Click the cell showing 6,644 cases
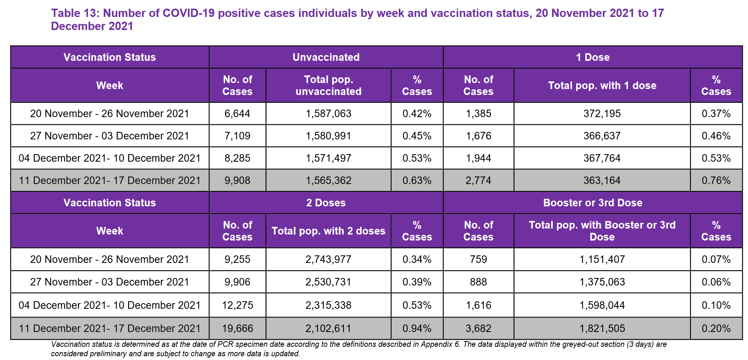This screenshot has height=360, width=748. [x=237, y=114]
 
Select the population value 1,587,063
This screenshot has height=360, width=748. [x=328, y=114]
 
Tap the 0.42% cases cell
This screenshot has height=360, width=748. [x=417, y=114]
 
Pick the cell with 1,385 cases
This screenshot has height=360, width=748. [x=478, y=114]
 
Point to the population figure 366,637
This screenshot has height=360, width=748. [x=602, y=136]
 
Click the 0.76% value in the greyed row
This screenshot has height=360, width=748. [x=716, y=181]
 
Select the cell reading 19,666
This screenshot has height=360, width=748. [x=237, y=329]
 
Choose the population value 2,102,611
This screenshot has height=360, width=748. [x=328, y=329]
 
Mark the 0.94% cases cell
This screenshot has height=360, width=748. [x=417, y=329]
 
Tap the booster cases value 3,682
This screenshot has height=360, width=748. [x=478, y=329]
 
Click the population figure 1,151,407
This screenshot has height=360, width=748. [x=602, y=259]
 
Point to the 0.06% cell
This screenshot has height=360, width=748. [x=716, y=282]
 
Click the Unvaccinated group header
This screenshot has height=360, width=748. [x=326, y=57]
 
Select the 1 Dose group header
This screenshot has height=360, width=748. [x=593, y=57]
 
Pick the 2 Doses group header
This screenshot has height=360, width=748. [x=326, y=203]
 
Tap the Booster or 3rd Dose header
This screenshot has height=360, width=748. [x=593, y=203]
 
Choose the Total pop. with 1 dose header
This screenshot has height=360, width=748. [x=602, y=85]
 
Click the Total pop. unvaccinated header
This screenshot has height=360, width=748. [x=328, y=85]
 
